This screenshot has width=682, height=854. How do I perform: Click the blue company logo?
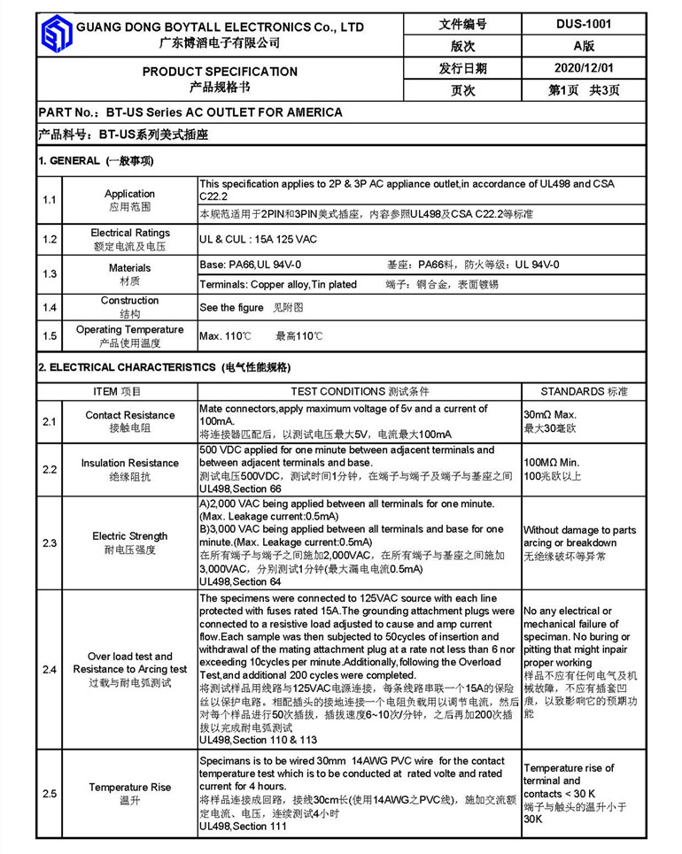coord(56,35)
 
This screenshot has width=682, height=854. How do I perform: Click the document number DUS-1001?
coord(584,25)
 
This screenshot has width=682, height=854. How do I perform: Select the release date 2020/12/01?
coord(583,68)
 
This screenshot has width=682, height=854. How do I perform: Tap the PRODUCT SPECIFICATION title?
coord(220,71)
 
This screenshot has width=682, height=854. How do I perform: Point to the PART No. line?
coord(190,112)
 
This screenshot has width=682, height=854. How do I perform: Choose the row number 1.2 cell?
coord(50,239)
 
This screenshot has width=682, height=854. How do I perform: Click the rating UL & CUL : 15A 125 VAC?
coord(258,239)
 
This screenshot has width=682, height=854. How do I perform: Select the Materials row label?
coord(129,273)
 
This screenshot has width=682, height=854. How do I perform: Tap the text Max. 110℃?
coord(225,336)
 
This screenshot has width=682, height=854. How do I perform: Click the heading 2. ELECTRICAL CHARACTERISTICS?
coord(164,367)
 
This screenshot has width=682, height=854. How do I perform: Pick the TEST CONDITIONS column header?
coord(359,391)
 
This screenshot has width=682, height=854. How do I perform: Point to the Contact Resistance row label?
coord(129,421)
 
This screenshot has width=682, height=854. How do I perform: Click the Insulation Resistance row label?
coord(129,469)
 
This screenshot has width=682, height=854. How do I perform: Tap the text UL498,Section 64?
coord(240,581)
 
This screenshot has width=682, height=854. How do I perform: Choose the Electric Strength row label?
coord(129,542)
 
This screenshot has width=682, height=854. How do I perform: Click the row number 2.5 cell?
coord(50,794)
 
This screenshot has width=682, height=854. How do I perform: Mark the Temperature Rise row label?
coord(129,794)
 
